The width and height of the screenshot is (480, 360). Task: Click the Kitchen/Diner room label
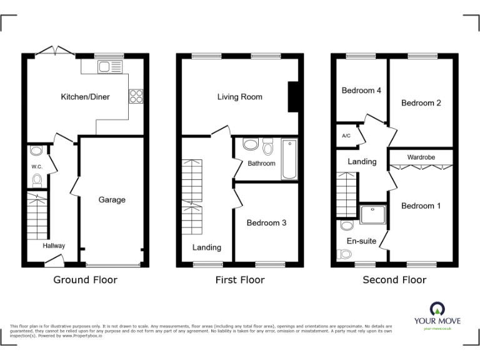[85, 97]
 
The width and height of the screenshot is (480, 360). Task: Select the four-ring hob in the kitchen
[136, 96]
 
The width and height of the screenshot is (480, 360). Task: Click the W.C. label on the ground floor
[36, 167]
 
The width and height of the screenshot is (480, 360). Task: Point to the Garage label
[112, 200]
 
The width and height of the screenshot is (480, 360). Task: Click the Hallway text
[54, 246]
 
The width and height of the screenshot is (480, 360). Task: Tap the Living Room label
[239, 97]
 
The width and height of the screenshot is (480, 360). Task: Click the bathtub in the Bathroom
[289, 159]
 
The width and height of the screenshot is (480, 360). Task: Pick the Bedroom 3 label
[266, 222]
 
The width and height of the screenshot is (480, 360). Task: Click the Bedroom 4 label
[361, 91]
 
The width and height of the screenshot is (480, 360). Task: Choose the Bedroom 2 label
[421, 103]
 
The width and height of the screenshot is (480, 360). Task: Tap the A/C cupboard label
[346, 136]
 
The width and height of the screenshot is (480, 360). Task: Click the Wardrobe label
[421, 157]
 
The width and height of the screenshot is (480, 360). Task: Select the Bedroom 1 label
[421, 206]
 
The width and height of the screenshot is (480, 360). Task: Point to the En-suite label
[362, 241]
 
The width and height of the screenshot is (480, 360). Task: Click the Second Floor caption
[394, 280]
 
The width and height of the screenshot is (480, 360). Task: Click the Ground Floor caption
[85, 280]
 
